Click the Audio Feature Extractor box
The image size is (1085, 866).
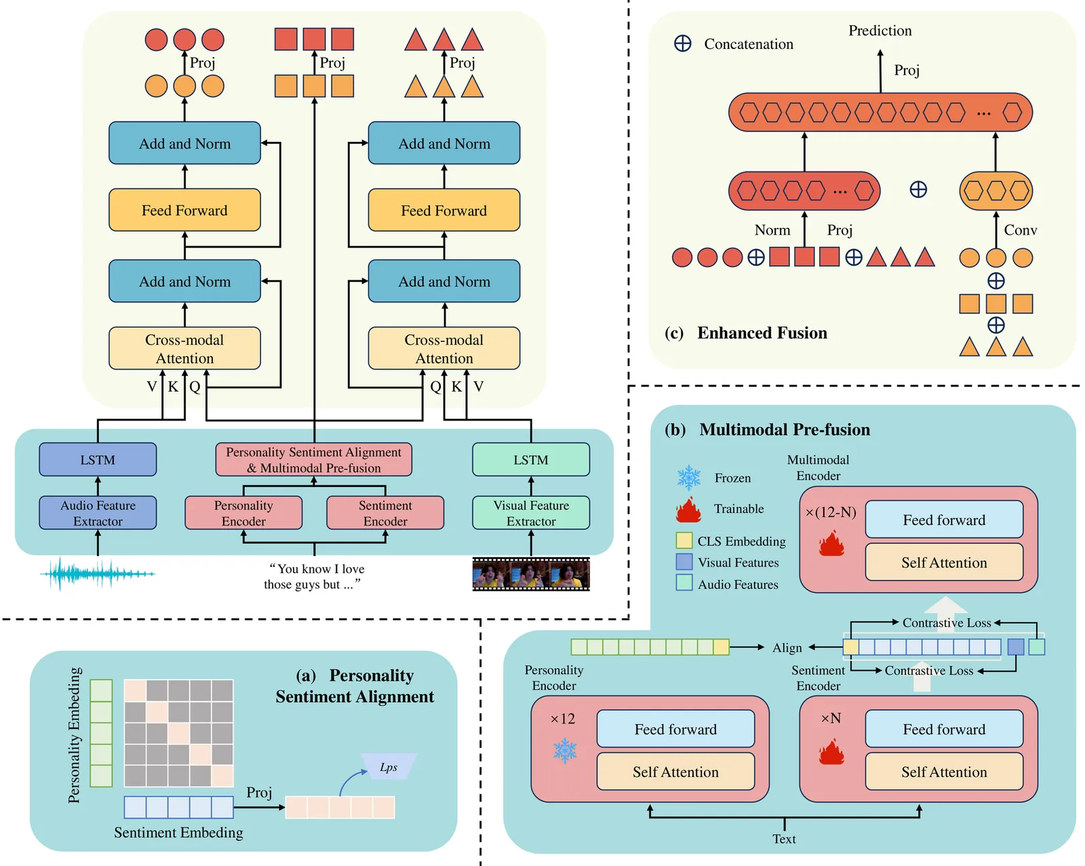[98, 513]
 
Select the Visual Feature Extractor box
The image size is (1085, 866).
[531, 513]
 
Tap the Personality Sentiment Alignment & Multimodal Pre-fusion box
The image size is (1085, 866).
[313, 460]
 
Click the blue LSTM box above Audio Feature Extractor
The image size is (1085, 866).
[98, 460]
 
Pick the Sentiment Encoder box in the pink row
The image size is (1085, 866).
[385, 513]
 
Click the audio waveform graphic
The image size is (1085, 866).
[98, 574]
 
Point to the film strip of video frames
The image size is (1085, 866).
[531, 574]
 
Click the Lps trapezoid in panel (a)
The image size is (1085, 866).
[389, 767]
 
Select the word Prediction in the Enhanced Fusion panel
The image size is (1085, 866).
[880, 31]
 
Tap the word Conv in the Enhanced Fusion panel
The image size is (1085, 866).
[1020, 230]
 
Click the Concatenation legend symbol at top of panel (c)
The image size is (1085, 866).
[683, 43]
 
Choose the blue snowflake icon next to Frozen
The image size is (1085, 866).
[689, 477]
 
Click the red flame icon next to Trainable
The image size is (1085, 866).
[688, 509]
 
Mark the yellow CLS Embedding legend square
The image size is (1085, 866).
[684, 540]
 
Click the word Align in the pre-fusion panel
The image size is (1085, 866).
[787, 648]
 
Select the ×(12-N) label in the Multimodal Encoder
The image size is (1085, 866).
[831, 512]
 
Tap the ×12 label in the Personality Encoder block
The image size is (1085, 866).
[563, 719]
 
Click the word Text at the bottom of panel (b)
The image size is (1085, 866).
[784, 839]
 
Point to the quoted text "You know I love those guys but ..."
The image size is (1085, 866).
[313, 576]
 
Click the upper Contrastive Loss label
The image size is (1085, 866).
[947, 623]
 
